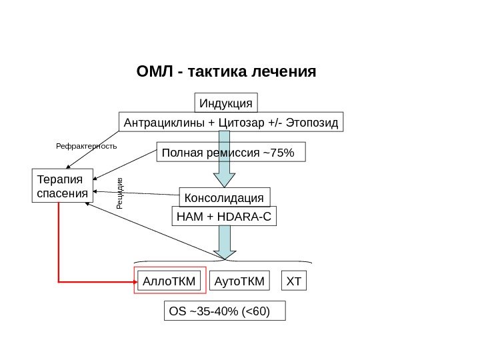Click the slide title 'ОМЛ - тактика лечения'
[x=225, y=71]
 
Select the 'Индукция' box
[x=226, y=103]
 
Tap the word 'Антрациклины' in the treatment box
[x=163, y=123]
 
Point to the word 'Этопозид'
[x=310, y=123]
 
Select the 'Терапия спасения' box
[x=63, y=187]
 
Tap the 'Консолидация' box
[x=225, y=198]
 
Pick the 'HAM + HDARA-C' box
[x=224, y=217]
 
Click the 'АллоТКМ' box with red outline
[x=170, y=282]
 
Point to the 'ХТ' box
[x=294, y=282]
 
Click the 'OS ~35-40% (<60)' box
[x=224, y=311]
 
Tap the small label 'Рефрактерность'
[x=85, y=145]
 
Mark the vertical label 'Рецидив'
[x=121, y=193]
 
